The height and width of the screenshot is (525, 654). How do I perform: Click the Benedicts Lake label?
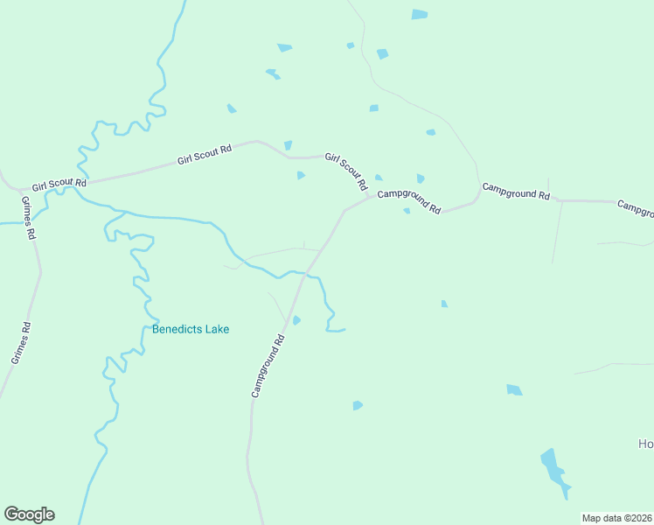(x=191, y=330)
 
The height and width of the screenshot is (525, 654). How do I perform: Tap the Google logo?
(x=29, y=514)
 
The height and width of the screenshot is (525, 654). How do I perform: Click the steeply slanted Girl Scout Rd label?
(x=346, y=172)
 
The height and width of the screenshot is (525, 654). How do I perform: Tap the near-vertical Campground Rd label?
(x=268, y=366)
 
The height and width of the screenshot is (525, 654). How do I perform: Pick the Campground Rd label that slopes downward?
(x=409, y=199)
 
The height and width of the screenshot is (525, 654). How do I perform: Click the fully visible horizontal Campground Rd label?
(x=516, y=191)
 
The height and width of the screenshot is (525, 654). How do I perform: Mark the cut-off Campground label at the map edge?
(x=636, y=208)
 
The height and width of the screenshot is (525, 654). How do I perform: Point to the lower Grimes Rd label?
(x=20, y=343)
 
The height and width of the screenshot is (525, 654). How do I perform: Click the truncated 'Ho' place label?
(x=645, y=444)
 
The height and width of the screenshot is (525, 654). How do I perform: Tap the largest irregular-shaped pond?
(x=554, y=472)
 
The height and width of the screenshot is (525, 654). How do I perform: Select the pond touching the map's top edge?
(x=420, y=14)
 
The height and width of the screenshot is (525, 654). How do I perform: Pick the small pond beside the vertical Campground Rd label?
(x=296, y=320)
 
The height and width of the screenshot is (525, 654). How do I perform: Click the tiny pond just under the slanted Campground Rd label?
(x=407, y=211)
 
